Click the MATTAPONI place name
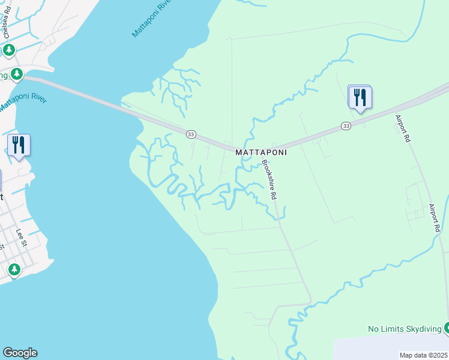click(x=261, y=152)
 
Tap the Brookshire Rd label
click(x=269, y=180)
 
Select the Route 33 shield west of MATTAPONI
click(x=191, y=134)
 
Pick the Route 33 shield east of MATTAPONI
click(x=346, y=126)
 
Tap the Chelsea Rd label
click(x=7, y=24)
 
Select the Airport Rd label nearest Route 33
click(x=403, y=128)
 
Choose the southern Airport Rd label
click(x=435, y=218)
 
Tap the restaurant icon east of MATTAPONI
click(x=360, y=97)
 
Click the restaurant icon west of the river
click(x=19, y=145)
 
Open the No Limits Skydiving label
click(x=404, y=329)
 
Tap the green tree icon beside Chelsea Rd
click(x=9, y=50)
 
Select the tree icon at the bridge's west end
click(x=17, y=74)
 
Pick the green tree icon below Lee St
click(x=14, y=270)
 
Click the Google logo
click(x=20, y=353)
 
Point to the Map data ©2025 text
click(x=423, y=355)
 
